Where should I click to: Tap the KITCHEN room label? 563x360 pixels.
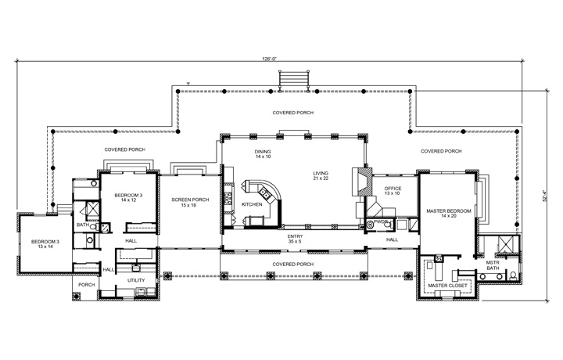[x=252, y=203]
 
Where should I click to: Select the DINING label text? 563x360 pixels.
[x=262, y=151]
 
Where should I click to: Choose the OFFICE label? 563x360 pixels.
[x=393, y=188]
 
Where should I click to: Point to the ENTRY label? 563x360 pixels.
[x=294, y=236]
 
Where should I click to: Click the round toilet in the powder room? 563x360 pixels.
[x=371, y=225]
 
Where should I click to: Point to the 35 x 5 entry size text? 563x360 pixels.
[x=294, y=241]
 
